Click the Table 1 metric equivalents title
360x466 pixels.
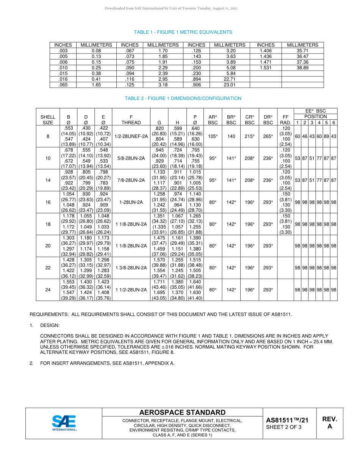click(183, 32)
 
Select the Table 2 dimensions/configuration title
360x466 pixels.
click(183, 99)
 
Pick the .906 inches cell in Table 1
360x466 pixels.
click(196, 85)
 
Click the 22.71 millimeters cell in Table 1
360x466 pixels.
click(230, 79)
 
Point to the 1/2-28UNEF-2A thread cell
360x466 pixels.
click(131, 136)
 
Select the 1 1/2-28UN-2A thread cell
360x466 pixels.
click(131, 290)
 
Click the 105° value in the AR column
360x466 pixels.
click(213, 136)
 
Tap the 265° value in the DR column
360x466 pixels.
click(268, 136)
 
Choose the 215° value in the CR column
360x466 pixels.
click(249, 136)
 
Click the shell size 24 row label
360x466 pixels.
click(48, 290)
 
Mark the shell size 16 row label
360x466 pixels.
click(48, 202)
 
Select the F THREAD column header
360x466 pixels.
click(131, 120)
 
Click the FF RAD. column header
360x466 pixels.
click(285, 120)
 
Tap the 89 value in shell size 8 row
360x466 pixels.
click(326, 136)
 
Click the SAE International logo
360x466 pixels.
click(64, 423)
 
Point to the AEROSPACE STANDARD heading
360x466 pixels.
click(182, 413)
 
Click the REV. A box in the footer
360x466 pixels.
click(329, 423)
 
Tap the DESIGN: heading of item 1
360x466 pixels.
click(50, 325)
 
